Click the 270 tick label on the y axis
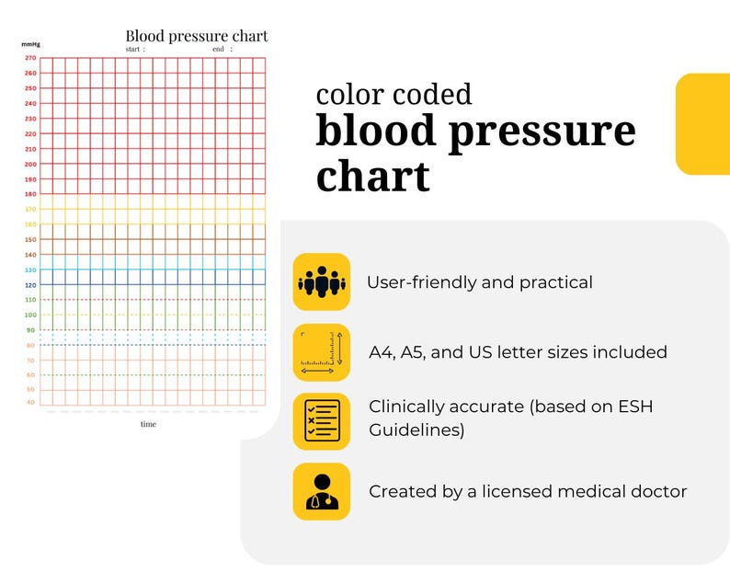click(x=30, y=58)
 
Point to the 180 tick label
click(x=30, y=194)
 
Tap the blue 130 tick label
click(x=30, y=269)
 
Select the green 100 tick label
click(x=30, y=315)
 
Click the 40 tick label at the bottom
click(x=30, y=403)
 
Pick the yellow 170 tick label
click(x=30, y=209)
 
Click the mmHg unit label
click(x=29, y=44)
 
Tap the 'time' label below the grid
click(x=148, y=424)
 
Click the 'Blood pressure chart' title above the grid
click(x=197, y=36)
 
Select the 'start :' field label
click(x=135, y=49)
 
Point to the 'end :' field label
click(x=222, y=49)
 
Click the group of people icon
click(x=321, y=281)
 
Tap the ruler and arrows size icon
click(x=321, y=352)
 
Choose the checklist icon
click(x=321, y=421)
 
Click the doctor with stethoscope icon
click(x=321, y=491)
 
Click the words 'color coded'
click(x=394, y=94)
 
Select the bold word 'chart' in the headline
click(x=372, y=175)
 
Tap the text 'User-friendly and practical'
click(x=479, y=282)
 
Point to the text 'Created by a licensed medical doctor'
click(x=528, y=491)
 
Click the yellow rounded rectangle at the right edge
click(x=703, y=124)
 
